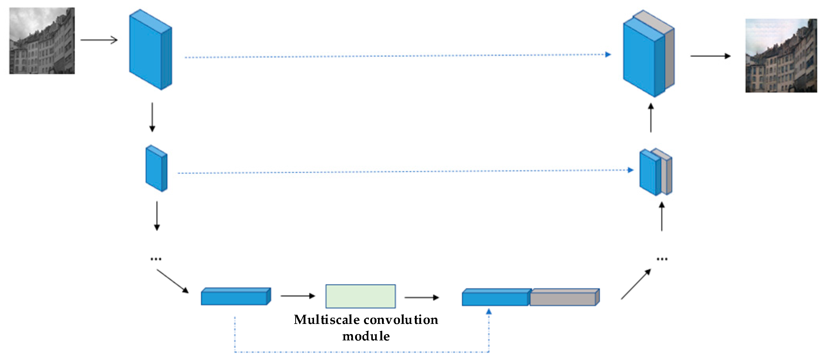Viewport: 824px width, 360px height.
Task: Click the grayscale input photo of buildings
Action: click(42, 41)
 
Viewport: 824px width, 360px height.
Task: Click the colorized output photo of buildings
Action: click(781, 56)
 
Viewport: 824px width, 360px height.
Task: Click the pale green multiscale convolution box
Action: click(361, 296)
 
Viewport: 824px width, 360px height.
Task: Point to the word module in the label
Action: click(366, 336)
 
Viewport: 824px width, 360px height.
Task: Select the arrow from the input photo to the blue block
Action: click(99, 40)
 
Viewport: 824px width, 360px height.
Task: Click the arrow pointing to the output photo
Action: click(710, 56)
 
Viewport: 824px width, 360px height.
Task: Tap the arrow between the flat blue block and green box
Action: click(298, 296)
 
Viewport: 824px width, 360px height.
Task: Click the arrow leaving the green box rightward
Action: click(421, 298)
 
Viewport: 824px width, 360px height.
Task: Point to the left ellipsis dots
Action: click(156, 259)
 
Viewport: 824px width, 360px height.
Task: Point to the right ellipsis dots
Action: click(662, 259)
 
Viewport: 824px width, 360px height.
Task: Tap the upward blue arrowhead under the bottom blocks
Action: click(489, 311)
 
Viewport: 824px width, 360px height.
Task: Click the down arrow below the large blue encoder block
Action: click(152, 117)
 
